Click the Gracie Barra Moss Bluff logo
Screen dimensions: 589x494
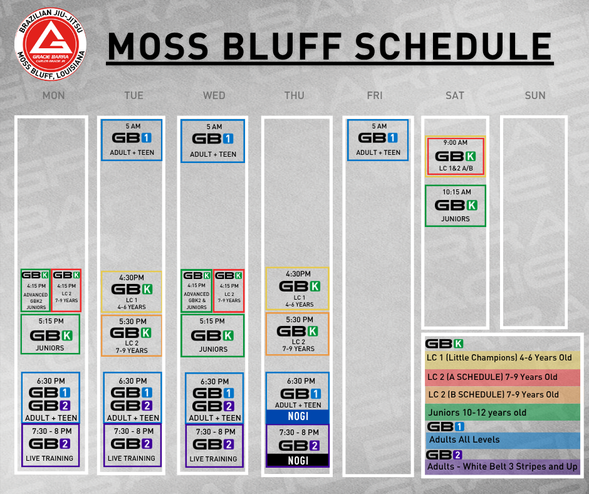coord(51,45)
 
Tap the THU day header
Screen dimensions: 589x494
coord(294,95)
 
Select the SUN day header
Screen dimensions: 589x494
coord(535,95)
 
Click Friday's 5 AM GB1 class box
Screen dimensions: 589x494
coord(377,140)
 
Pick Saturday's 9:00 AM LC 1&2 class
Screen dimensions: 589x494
coord(456,156)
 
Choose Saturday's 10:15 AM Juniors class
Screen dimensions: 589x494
coord(456,206)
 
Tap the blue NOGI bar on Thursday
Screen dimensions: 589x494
coord(298,416)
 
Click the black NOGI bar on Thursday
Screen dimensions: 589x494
coord(298,461)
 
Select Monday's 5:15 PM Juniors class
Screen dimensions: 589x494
coord(50,334)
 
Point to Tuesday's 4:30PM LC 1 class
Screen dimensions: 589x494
coord(132,292)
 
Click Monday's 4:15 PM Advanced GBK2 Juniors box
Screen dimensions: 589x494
coord(36,290)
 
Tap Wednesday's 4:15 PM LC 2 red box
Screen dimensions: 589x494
coord(229,291)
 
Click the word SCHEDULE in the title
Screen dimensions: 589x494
coord(454,46)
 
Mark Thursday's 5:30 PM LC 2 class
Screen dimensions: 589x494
coord(298,334)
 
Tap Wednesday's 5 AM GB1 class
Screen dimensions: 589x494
coord(212,141)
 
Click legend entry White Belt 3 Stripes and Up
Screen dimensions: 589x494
coord(503,466)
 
